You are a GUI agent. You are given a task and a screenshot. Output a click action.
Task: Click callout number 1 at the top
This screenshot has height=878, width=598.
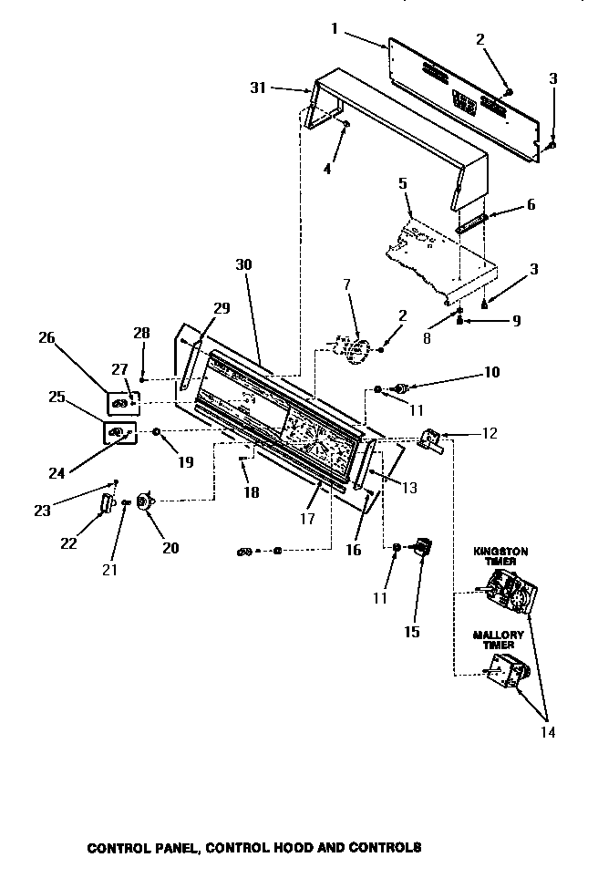coord(335,28)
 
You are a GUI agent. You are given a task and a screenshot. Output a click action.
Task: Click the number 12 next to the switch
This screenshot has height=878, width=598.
coord(490,433)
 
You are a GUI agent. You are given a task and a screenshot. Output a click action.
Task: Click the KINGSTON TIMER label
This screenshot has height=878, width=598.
coord(500,556)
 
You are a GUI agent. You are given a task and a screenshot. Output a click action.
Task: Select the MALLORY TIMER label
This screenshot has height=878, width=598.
coord(498,639)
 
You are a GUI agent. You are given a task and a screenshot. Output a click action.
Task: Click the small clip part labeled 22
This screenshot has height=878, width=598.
coord(106,503)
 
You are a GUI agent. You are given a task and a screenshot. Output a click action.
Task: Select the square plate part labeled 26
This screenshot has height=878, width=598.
coord(122,401)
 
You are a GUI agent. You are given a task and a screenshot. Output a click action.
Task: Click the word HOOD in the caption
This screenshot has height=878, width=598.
coord(299,847)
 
